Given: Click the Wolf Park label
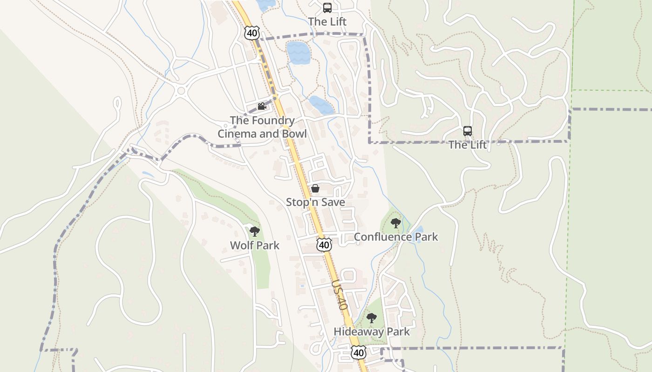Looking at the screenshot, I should pyautogui.click(x=255, y=245).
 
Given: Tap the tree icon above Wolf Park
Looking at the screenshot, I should pyautogui.click(x=254, y=231).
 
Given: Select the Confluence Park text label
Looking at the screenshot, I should pyautogui.click(x=396, y=237).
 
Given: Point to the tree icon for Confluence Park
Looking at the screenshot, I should pyautogui.click(x=396, y=223).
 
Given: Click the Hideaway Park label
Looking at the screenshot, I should pyautogui.click(x=372, y=332).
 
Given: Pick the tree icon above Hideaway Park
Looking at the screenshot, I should pyautogui.click(x=371, y=318).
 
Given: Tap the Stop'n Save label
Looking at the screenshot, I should pyautogui.click(x=315, y=202).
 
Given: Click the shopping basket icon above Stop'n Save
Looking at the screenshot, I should pyautogui.click(x=315, y=188).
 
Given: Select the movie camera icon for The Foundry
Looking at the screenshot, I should pyautogui.click(x=262, y=106).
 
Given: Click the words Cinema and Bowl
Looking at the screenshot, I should pyautogui.click(x=262, y=134).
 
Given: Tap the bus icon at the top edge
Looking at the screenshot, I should pyautogui.click(x=327, y=8).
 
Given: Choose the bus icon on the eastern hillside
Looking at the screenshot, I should pyautogui.click(x=468, y=131).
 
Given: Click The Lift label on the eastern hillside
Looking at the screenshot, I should pyautogui.click(x=468, y=145).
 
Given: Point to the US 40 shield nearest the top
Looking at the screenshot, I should pyautogui.click(x=251, y=33).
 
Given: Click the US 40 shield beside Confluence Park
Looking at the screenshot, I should pyautogui.click(x=324, y=245).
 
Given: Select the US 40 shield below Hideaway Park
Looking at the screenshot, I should pyautogui.click(x=358, y=353).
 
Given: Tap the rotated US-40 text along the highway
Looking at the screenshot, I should pyautogui.click(x=340, y=295).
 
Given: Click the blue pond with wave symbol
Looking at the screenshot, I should pyautogui.click(x=298, y=53).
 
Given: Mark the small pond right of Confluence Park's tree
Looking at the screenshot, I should pyautogui.click(x=418, y=230).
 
